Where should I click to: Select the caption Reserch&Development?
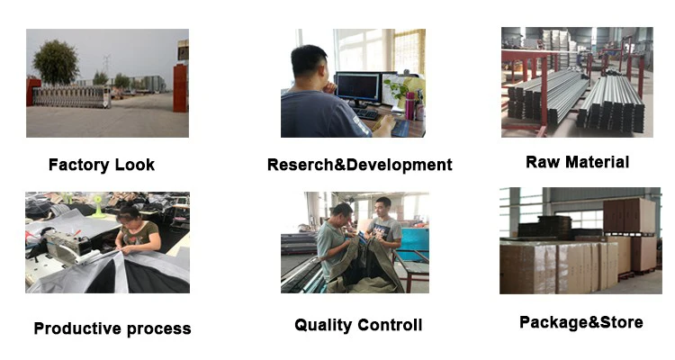(359, 165)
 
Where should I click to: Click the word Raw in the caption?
(543, 162)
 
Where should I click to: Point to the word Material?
(597, 162)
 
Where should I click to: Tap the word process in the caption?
(158, 329)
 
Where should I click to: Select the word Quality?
(322, 325)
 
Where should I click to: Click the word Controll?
(389, 325)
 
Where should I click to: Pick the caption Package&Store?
(581, 322)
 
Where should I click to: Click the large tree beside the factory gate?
(56, 63)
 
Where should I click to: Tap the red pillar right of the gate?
(180, 88)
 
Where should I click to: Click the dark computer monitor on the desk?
(357, 87)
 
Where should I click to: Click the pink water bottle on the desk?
(409, 105)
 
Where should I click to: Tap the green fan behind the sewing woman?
(99, 205)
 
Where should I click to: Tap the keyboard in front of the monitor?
(366, 113)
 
